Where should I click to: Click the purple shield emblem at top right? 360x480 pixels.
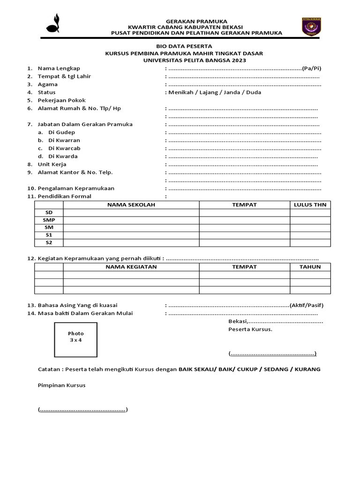pos(311,27)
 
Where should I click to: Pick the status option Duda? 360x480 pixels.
pos(254,92)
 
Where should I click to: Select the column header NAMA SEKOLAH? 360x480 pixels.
pos(131,205)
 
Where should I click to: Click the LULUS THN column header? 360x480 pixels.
pos(310,205)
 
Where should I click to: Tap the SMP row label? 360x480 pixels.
pos(49,220)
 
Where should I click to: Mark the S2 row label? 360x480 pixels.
pos(49,242)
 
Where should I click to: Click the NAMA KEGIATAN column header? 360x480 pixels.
pos(131,267)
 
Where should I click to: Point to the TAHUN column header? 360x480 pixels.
pos(310,267)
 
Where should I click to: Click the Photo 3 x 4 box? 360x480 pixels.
pos(75,337)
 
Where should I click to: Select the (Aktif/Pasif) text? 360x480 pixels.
pos(307,305)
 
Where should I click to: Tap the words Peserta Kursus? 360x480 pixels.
pos(250,329)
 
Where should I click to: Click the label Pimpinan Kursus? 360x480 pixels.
pos(61,385)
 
